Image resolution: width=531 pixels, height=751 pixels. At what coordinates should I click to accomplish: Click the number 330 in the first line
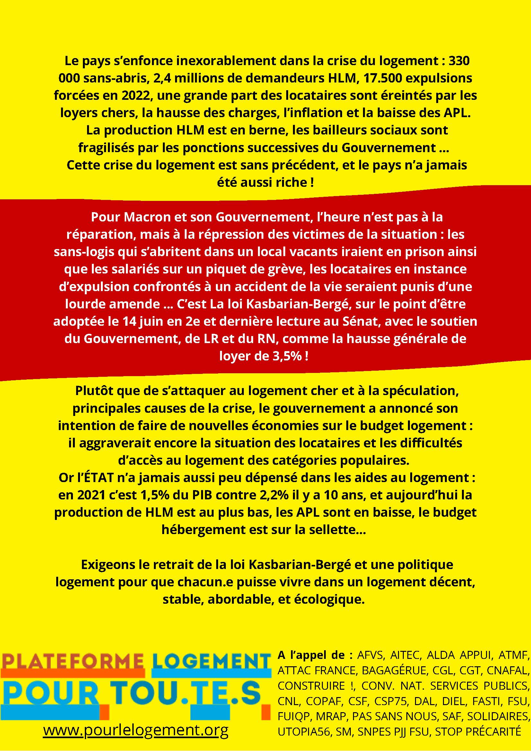[459, 61]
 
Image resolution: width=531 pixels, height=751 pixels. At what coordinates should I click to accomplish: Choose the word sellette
[335, 530]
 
